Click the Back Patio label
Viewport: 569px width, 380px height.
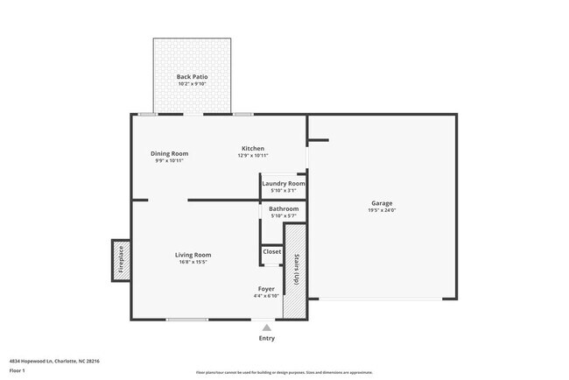coord(193,77)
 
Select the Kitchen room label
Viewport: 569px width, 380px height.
coord(253,148)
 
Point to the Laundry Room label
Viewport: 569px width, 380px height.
coord(284,183)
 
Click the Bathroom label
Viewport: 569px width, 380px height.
coord(284,209)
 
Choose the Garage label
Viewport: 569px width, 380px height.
coord(382,203)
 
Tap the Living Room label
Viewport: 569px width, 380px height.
coord(193,255)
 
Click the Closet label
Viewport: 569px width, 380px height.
coord(272,251)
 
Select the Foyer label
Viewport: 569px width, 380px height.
coord(266,289)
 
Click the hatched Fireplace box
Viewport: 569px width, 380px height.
coord(120,260)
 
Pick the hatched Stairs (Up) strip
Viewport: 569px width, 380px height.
coord(295,271)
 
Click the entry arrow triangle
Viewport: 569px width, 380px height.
coord(266,326)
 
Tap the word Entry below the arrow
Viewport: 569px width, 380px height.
coord(266,338)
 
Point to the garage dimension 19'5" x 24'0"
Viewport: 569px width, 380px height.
coord(382,211)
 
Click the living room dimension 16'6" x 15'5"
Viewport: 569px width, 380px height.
coord(193,262)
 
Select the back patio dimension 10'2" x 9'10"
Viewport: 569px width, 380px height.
coord(193,85)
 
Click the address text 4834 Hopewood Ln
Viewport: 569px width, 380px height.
coord(54,361)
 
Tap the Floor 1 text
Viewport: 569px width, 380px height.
coord(18,370)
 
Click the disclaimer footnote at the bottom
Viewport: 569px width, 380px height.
coord(284,372)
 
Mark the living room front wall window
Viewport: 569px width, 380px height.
coord(186,320)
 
